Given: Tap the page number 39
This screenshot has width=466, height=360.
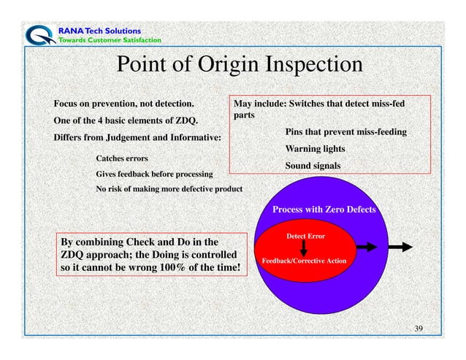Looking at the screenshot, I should pyautogui.click(x=419, y=329).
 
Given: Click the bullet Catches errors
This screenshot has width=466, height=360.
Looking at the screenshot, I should pyautogui.click(x=122, y=158).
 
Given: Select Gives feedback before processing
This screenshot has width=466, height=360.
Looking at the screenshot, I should pyautogui.click(x=155, y=175).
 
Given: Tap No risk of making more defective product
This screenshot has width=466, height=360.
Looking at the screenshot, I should pyautogui.click(x=169, y=190).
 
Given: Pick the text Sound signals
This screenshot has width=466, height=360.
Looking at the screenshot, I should pyautogui.click(x=313, y=166).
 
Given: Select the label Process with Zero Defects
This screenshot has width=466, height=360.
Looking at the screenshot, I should pyautogui.click(x=324, y=210).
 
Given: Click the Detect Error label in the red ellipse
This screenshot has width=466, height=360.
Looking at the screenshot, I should pyautogui.click(x=305, y=237).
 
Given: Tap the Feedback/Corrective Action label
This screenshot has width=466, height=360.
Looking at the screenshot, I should pyautogui.click(x=304, y=261).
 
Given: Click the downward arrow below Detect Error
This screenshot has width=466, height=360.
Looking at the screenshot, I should pyautogui.click(x=305, y=249).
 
